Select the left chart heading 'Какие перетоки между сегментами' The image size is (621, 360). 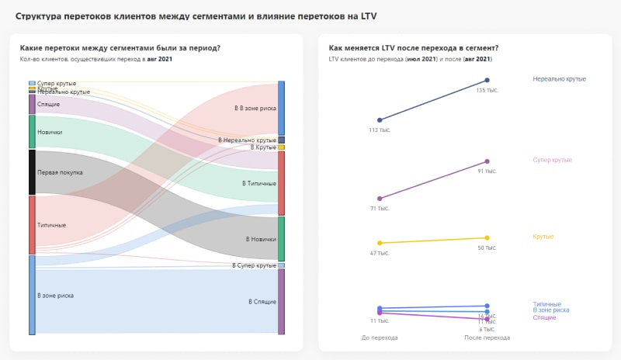click(x=120, y=48)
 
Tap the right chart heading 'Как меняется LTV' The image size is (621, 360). click(x=414, y=48)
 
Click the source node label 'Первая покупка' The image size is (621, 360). click(x=60, y=172)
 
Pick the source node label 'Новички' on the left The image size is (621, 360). click(x=50, y=132)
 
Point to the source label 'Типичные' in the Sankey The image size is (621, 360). click(x=51, y=225)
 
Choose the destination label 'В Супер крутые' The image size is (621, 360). click(x=254, y=265)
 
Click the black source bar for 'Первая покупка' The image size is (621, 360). click(x=32, y=172)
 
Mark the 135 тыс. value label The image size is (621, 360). click(x=487, y=90)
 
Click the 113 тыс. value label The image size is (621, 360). click(x=380, y=130)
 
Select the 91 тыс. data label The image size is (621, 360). click(x=487, y=171)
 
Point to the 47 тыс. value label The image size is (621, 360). click(x=380, y=253)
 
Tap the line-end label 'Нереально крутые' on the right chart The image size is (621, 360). click(x=559, y=79)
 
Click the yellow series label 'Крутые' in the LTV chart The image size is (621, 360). click(x=543, y=236)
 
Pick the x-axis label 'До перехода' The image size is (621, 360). click(x=380, y=337)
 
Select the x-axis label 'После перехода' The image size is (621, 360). click(x=487, y=337)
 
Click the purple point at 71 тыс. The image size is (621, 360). click(x=380, y=199)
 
